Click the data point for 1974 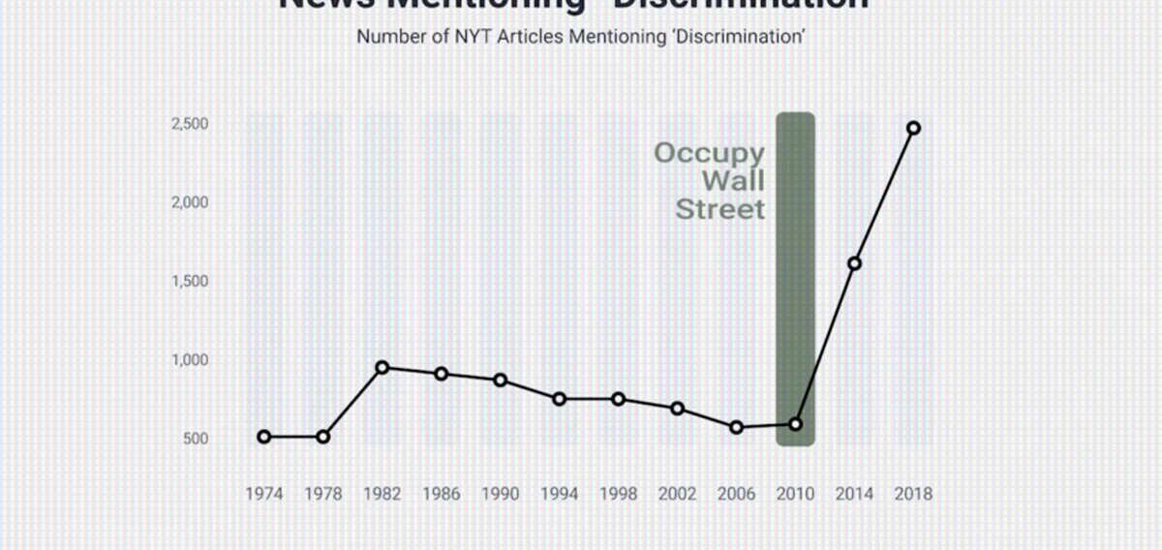tap(263, 437)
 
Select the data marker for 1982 tap(382, 367)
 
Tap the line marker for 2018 tap(913, 128)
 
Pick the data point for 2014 tap(855, 263)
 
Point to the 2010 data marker tap(796, 424)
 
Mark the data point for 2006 tap(736, 427)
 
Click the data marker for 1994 tap(559, 399)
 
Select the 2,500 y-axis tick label tap(191, 124)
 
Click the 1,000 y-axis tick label tap(191, 359)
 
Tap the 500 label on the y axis tap(196, 439)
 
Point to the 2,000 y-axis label tap(191, 202)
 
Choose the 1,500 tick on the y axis tap(191, 281)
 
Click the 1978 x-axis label tap(322, 494)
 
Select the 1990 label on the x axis tap(500, 494)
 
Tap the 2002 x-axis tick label tap(677, 494)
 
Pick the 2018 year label tap(913, 494)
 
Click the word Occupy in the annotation tap(709, 153)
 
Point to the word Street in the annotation tap(719, 209)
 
